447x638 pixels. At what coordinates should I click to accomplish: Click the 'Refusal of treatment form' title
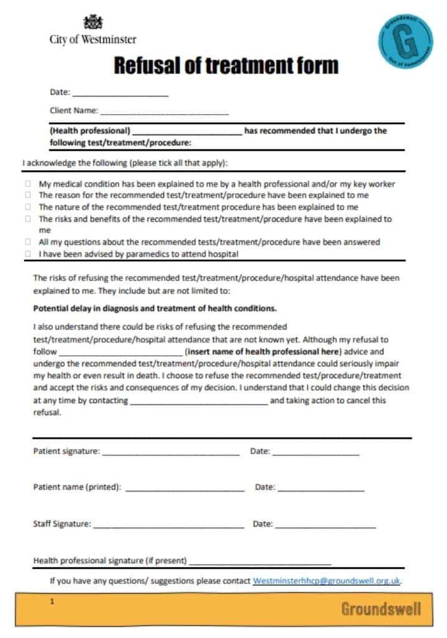coord(226,65)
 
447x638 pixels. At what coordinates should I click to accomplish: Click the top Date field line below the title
coord(120,94)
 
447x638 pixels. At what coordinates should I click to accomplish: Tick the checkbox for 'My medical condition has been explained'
coord(28,184)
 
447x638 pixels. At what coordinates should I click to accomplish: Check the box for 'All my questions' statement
coord(28,242)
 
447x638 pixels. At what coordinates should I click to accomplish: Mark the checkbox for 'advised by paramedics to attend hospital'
coord(28,254)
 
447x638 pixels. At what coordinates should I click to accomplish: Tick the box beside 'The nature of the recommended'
coord(28,207)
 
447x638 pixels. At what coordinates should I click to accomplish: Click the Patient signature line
coord(171,453)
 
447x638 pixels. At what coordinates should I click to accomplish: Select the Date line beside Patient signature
coord(315,453)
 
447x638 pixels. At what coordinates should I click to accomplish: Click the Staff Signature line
coord(168,526)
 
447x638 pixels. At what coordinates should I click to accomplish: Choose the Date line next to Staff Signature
coord(325,526)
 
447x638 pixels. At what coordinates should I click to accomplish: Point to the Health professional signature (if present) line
coord(260,563)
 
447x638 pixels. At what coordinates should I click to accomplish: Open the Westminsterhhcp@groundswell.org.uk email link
coord(326,581)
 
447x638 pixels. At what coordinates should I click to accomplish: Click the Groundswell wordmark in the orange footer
coord(380,609)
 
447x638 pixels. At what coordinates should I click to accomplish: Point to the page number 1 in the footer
coord(53,602)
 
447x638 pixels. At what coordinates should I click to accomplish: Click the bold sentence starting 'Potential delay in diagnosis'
coord(155,308)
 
